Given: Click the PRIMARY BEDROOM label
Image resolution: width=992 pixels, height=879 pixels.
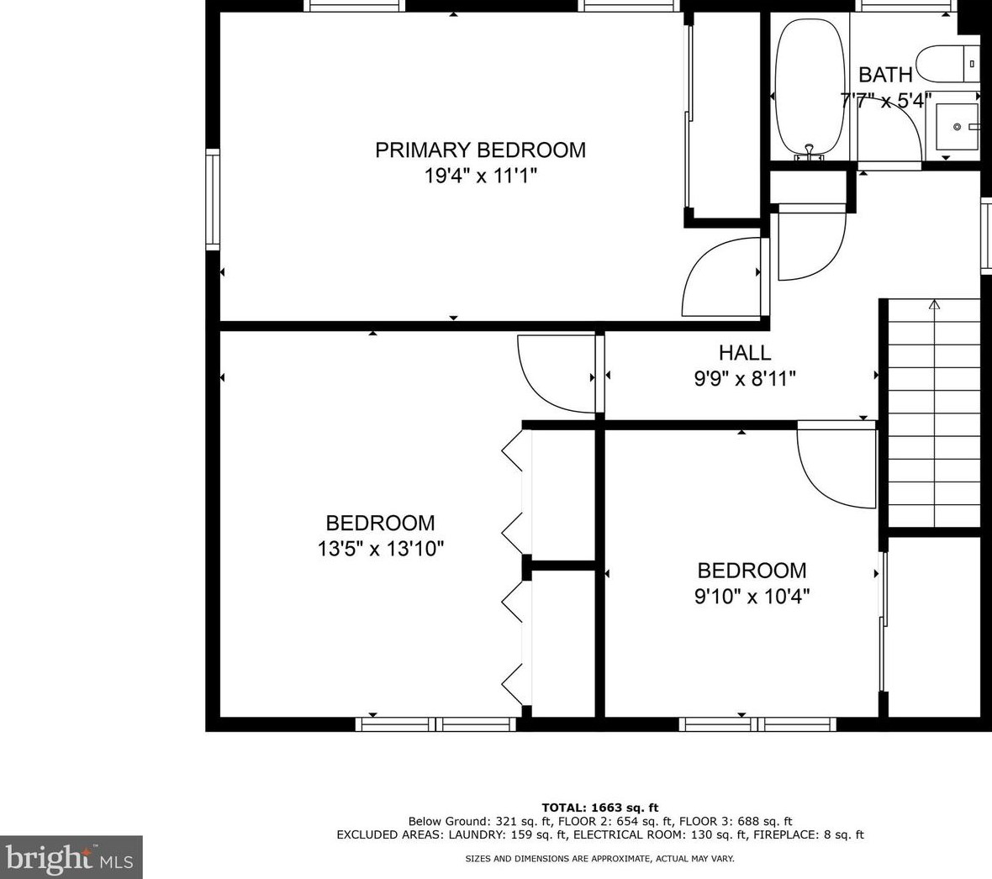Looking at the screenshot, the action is (x=480, y=150).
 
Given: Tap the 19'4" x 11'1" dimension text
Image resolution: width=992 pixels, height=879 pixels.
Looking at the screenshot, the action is (x=480, y=176).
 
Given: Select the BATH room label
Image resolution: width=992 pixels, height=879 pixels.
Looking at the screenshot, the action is (x=885, y=75).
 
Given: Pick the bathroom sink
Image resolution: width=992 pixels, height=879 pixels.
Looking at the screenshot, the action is (x=956, y=127).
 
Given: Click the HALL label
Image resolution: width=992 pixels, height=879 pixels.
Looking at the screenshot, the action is (x=745, y=352).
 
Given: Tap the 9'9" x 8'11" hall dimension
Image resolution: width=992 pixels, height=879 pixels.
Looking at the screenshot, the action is (x=745, y=378).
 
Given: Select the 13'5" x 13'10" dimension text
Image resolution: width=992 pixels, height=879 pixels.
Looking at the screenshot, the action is (x=381, y=548).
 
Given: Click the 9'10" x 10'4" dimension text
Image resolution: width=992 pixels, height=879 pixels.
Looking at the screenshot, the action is (x=752, y=596).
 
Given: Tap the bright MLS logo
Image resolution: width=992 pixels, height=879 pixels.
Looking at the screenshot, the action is (x=71, y=857).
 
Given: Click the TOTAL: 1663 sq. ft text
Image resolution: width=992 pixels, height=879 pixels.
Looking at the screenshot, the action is (x=599, y=808).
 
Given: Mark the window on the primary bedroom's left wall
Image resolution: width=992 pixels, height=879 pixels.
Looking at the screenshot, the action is (x=213, y=199).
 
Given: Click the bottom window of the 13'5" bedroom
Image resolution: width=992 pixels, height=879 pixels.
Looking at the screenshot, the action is (x=436, y=724).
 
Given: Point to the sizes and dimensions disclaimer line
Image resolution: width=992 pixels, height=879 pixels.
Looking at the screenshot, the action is (x=599, y=859).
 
